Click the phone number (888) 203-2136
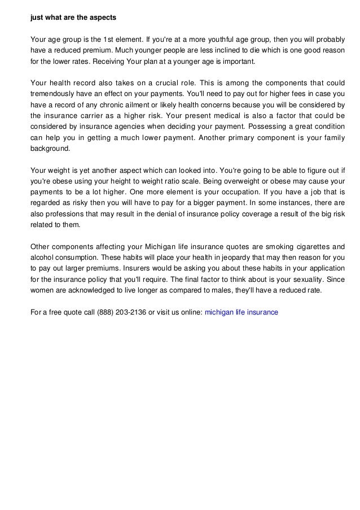122,312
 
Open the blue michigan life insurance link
241,312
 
